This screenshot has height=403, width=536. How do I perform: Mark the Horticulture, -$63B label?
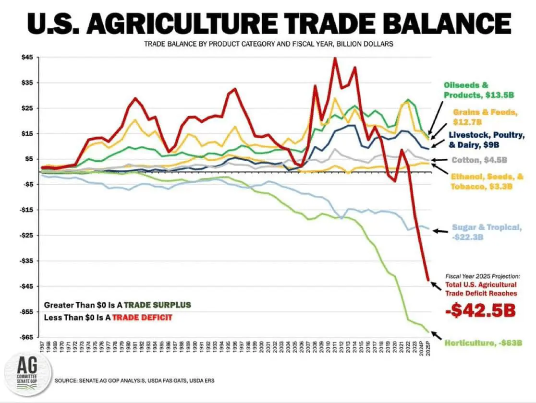[483, 343]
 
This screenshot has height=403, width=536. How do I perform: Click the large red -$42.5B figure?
[480, 310]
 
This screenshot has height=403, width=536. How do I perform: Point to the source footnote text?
[134, 380]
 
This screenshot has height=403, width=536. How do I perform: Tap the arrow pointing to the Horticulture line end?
[437, 334]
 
